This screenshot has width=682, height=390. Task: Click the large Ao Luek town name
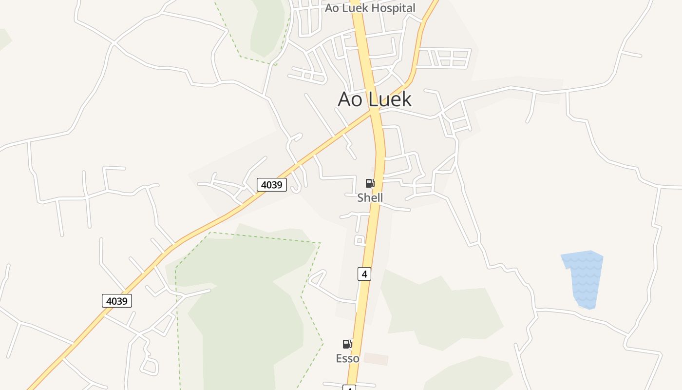pyautogui.click(x=375, y=99)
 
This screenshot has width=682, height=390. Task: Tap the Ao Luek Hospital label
pyautogui.click(x=370, y=8)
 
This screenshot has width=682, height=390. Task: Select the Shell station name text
pyautogui.click(x=370, y=197)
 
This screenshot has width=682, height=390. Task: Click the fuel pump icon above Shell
pyautogui.click(x=370, y=183)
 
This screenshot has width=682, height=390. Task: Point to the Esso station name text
pyautogui.click(x=348, y=358)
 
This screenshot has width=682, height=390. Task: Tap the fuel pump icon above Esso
pyautogui.click(x=347, y=344)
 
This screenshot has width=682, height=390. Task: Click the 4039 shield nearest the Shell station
pyautogui.click(x=272, y=185)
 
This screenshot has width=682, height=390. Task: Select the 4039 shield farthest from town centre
pyautogui.click(x=117, y=301)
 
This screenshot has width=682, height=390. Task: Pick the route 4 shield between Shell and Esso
pyautogui.click(x=364, y=274)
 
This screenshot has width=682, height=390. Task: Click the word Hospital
pyautogui.click(x=393, y=8)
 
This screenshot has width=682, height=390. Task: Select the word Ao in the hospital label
pyautogui.click(x=332, y=8)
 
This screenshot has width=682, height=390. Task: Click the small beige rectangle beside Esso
pyautogui.click(x=376, y=359)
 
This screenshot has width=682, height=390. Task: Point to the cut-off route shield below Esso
pyautogui.click(x=349, y=388)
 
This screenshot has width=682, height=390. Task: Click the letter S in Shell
pyautogui.click(x=360, y=197)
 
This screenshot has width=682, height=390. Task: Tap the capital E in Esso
pyautogui.click(x=339, y=358)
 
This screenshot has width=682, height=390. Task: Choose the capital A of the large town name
pyautogui.click(x=344, y=99)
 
